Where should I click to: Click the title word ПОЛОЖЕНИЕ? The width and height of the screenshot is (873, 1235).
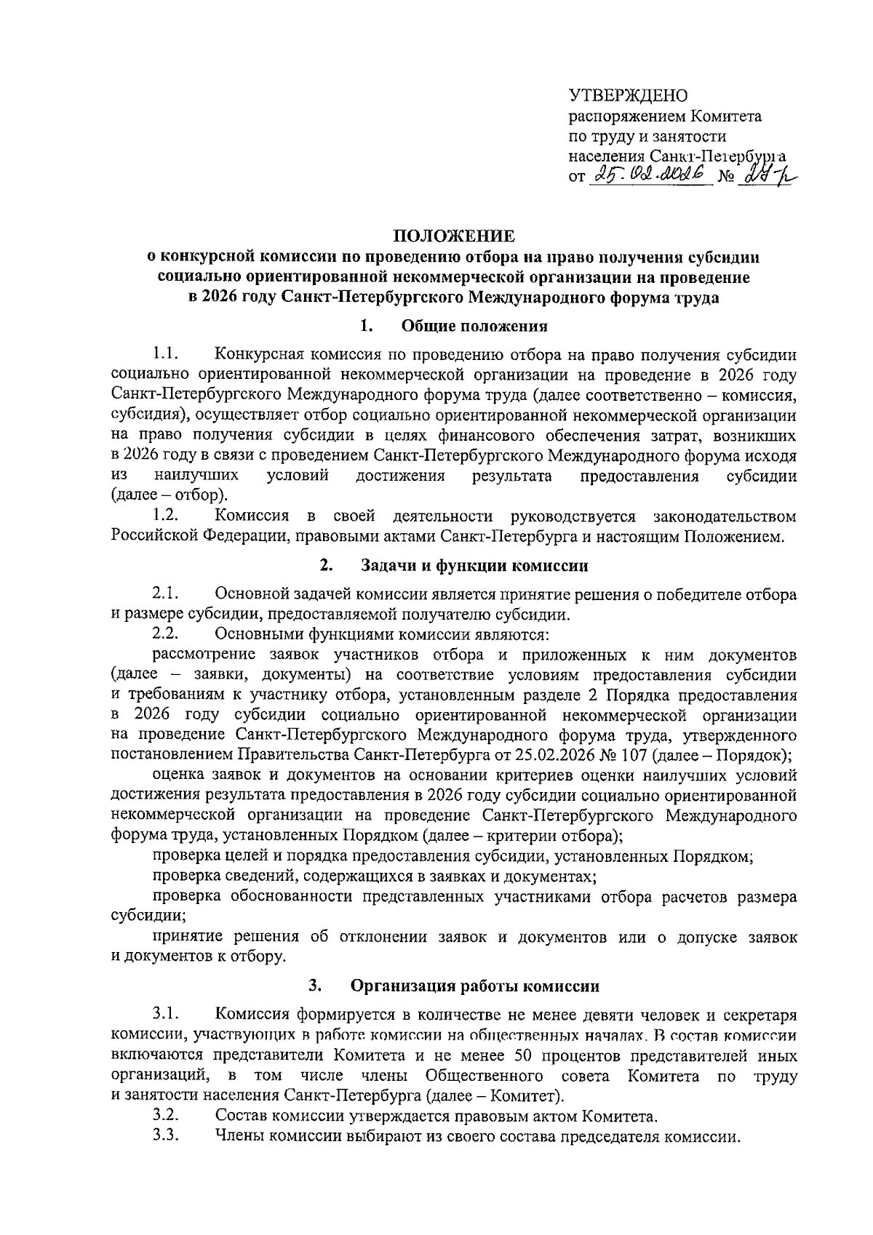tap(454, 236)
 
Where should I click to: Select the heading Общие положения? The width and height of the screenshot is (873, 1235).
tap(474, 326)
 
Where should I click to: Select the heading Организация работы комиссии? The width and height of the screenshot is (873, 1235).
tap(475, 987)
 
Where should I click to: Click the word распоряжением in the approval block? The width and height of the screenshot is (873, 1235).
tap(626, 116)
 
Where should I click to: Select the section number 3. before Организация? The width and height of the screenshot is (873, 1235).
tap(315, 987)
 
